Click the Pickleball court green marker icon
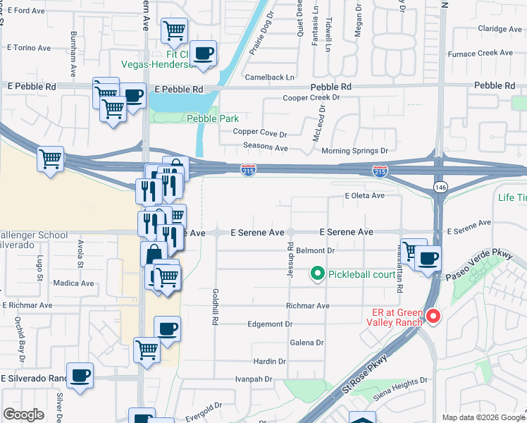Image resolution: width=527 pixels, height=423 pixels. pyautogui.click(x=317, y=273)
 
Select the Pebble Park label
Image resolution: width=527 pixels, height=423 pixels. pyautogui.click(x=212, y=118)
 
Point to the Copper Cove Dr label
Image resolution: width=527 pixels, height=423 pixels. pyautogui.click(x=260, y=133)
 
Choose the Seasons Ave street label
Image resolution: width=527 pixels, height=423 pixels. pyautogui.click(x=266, y=148)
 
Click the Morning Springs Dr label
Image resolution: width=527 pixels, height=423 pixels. pyautogui.click(x=355, y=151)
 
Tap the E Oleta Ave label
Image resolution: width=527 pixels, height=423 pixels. pyautogui.click(x=365, y=195)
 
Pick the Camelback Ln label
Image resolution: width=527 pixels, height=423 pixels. pyautogui.click(x=270, y=77)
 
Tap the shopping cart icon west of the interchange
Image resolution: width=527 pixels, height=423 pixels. pyautogui.click(x=50, y=159)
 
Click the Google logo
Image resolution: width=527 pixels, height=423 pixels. pyautogui.click(x=24, y=415)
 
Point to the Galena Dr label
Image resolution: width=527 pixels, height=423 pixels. pyautogui.click(x=306, y=343)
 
